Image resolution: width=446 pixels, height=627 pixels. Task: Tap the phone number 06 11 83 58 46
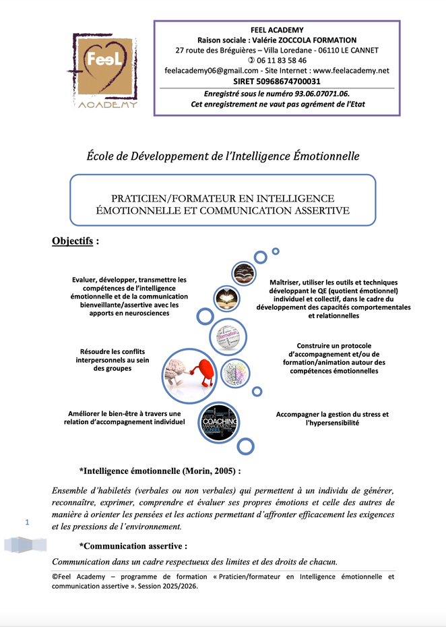click(281, 60)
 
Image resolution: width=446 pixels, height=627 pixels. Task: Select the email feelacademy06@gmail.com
click(212, 71)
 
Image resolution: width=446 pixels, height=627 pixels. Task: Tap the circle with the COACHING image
click(219, 422)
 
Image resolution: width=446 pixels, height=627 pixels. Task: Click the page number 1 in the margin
click(28, 522)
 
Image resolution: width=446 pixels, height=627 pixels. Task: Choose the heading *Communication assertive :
click(133, 545)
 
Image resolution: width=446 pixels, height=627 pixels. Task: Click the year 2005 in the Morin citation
click(219, 470)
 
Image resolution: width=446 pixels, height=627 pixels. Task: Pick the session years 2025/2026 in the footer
click(177, 586)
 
